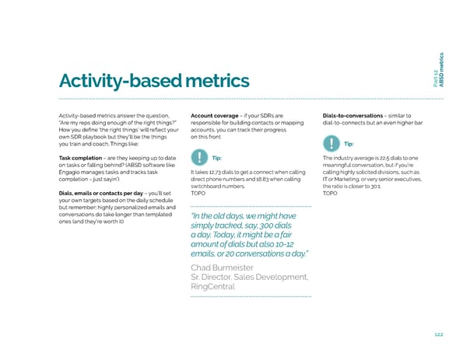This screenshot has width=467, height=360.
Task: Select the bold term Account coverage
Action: pyautogui.click(x=214, y=116)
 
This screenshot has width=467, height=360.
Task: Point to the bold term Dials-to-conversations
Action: pyautogui.click(x=352, y=116)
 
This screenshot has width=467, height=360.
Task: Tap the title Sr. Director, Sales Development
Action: pyautogui.click(x=249, y=279)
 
